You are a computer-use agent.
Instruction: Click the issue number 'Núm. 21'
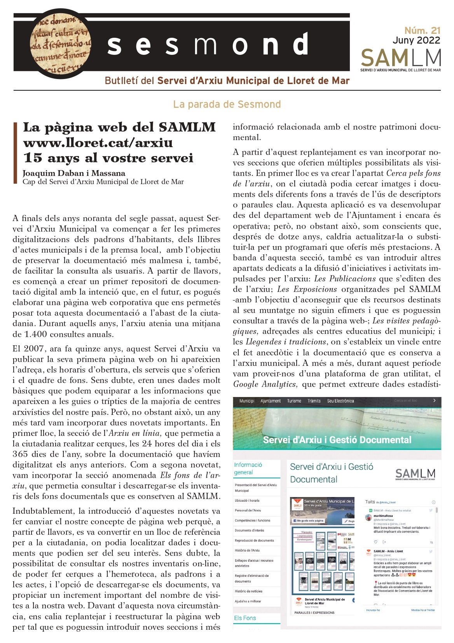(422, 30)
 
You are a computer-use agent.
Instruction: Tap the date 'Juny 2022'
(416, 40)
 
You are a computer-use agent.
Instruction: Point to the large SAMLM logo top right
(401, 58)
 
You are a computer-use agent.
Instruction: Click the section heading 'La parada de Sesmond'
(227, 104)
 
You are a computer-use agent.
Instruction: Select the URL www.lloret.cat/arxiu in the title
(98, 142)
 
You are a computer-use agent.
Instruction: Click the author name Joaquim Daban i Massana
(74, 173)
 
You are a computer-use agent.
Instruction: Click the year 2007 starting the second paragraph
(34, 349)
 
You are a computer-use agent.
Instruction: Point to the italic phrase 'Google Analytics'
(265, 384)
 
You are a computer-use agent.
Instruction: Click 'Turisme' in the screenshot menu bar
(294, 401)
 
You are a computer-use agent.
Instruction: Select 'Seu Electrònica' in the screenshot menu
(340, 401)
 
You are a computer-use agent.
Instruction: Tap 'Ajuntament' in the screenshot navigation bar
(271, 401)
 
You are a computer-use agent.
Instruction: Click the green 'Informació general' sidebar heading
(248, 469)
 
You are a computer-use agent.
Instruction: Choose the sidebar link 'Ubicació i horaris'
(247, 501)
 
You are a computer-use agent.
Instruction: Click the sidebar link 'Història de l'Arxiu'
(247, 550)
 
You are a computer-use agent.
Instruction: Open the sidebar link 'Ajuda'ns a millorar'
(248, 601)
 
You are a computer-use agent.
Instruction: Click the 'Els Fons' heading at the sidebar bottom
(245, 618)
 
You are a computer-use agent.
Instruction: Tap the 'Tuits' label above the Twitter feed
(370, 502)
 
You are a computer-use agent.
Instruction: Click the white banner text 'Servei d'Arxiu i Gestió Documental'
(337, 440)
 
